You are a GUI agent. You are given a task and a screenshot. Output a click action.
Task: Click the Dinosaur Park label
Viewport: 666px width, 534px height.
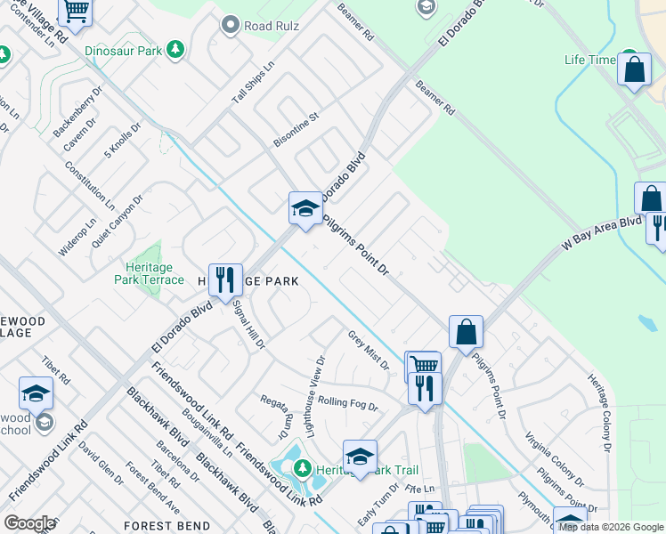(124, 51)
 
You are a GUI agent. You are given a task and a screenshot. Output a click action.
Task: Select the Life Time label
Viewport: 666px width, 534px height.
(589, 61)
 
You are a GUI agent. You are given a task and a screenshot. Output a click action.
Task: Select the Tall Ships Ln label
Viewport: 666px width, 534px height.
(254, 83)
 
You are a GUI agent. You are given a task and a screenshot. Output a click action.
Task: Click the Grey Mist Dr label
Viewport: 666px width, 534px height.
(368, 351)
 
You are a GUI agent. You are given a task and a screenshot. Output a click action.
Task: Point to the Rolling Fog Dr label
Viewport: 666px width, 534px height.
(348, 404)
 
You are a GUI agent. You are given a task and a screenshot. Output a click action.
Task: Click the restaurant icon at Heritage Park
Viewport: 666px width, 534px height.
(225, 279)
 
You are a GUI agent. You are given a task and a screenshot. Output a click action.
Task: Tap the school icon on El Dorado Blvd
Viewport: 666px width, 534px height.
(305, 208)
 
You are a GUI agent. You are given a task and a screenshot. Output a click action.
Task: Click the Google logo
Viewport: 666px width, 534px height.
(29, 523)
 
